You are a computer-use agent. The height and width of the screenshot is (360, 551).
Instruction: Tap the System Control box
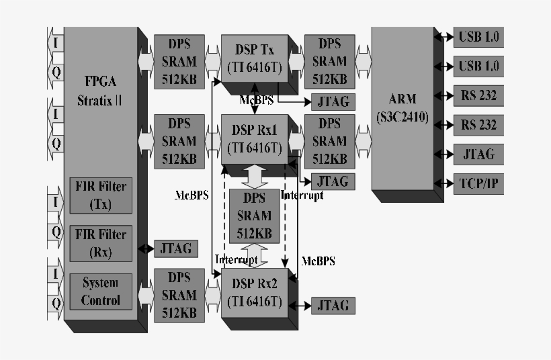click(100, 291)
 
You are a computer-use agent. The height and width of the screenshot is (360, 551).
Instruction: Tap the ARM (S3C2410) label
click(402, 107)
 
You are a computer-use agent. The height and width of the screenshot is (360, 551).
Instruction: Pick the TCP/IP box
click(478, 183)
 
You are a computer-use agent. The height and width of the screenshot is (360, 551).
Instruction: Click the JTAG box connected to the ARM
click(478, 154)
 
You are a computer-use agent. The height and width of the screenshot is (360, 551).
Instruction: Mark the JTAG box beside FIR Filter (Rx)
click(176, 249)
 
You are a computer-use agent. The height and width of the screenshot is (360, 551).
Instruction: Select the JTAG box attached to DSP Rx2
click(333, 306)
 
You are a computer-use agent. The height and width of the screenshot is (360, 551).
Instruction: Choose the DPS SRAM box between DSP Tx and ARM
click(329, 61)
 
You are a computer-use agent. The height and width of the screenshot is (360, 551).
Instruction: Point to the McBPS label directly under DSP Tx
click(256, 100)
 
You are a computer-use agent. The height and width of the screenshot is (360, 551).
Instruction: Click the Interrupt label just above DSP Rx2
click(236, 259)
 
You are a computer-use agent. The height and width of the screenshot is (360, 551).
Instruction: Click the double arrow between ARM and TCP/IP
click(444, 183)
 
